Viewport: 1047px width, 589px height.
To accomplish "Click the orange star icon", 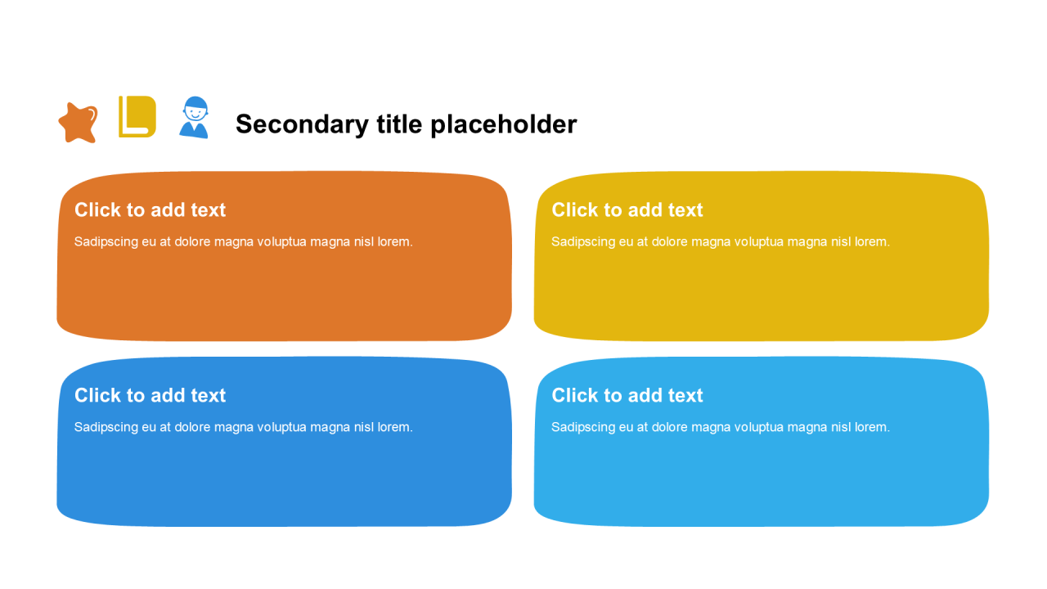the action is pos(78,123).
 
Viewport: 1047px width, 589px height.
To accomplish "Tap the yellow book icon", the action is pos(137,117).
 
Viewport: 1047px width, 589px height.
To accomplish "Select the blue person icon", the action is pos(194,118).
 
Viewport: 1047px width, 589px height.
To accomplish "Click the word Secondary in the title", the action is pos(302,124).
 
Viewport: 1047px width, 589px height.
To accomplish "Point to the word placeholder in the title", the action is pos(503,124).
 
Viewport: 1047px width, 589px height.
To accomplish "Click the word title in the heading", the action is pos(399,124).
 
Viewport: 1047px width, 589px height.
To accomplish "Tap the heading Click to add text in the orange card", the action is pos(150,210).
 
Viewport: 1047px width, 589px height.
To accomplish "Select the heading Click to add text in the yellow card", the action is pos(627,210).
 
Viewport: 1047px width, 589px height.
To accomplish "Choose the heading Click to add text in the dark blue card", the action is pos(150,395).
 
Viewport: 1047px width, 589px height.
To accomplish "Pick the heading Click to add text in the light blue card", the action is pos(627,395).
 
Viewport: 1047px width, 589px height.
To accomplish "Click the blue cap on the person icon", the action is pos(195,103).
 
